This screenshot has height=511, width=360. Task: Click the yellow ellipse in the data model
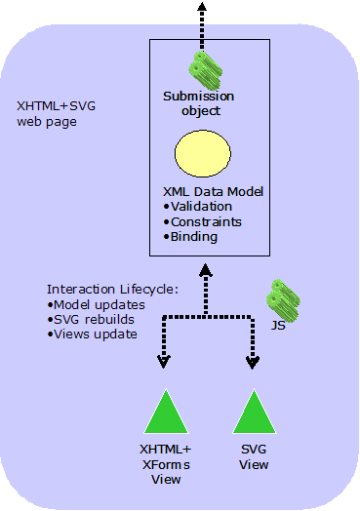pos(202,156)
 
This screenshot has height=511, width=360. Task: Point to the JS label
pos(279,325)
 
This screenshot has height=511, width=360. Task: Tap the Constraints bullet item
pos(205,221)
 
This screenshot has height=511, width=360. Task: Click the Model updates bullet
pos(94,304)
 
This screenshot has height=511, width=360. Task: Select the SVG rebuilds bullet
pos(91,319)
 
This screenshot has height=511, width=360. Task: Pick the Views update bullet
pos(92,334)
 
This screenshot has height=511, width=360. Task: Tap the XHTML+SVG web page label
pos(58,114)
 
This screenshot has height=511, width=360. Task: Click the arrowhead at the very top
pos(203,8)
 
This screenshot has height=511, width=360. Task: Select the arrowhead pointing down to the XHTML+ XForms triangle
pos(163,361)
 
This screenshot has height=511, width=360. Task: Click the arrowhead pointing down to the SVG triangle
pos(253,361)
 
